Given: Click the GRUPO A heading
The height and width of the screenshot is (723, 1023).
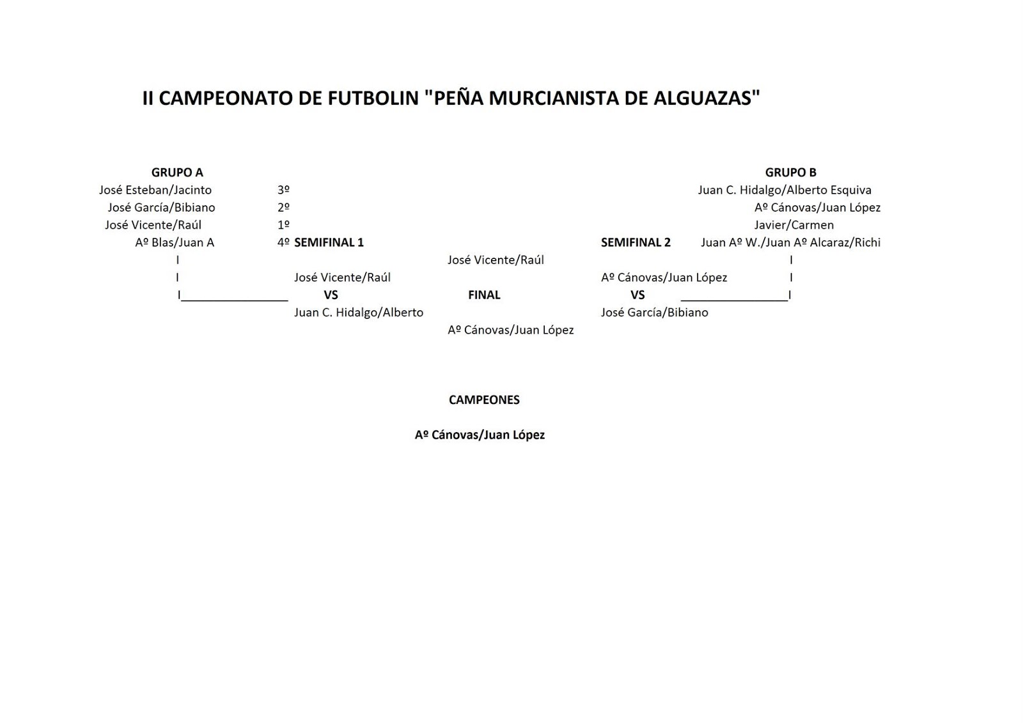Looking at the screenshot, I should [x=177, y=173].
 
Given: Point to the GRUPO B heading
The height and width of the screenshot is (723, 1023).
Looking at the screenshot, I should [x=790, y=173].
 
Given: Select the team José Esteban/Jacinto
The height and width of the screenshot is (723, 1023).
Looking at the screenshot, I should [x=155, y=190].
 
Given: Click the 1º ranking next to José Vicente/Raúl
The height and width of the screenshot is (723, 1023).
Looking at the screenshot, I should [x=283, y=225].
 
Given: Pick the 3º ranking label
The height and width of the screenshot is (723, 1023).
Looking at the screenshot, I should [x=283, y=190].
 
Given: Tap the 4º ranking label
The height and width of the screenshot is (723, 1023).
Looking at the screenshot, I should [x=283, y=242].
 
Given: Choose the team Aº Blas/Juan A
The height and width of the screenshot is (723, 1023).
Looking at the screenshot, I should [x=175, y=242].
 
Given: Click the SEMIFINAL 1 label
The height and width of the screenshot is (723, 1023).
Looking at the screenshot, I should [x=329, y=242].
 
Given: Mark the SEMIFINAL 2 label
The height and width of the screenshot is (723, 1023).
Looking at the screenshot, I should [x=636, y=242].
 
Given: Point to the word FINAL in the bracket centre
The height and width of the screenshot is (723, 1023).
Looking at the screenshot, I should [x=484, y=295].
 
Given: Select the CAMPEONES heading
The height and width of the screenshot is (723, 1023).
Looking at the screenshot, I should [x=484, y=400].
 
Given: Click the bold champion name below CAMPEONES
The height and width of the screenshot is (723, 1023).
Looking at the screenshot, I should [x=480, y=435].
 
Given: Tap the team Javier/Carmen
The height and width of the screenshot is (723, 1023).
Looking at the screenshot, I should [x=793, y=225].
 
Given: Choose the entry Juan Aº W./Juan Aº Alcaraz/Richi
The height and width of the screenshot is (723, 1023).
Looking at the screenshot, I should [x=790, y=242].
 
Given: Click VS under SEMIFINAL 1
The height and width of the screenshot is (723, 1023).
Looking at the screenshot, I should [x=331, y=295].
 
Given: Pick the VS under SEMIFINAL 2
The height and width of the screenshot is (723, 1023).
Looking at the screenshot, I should [x=637, y=295].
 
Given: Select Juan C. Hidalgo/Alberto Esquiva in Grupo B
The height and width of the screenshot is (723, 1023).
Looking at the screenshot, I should [x=785, y=190].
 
